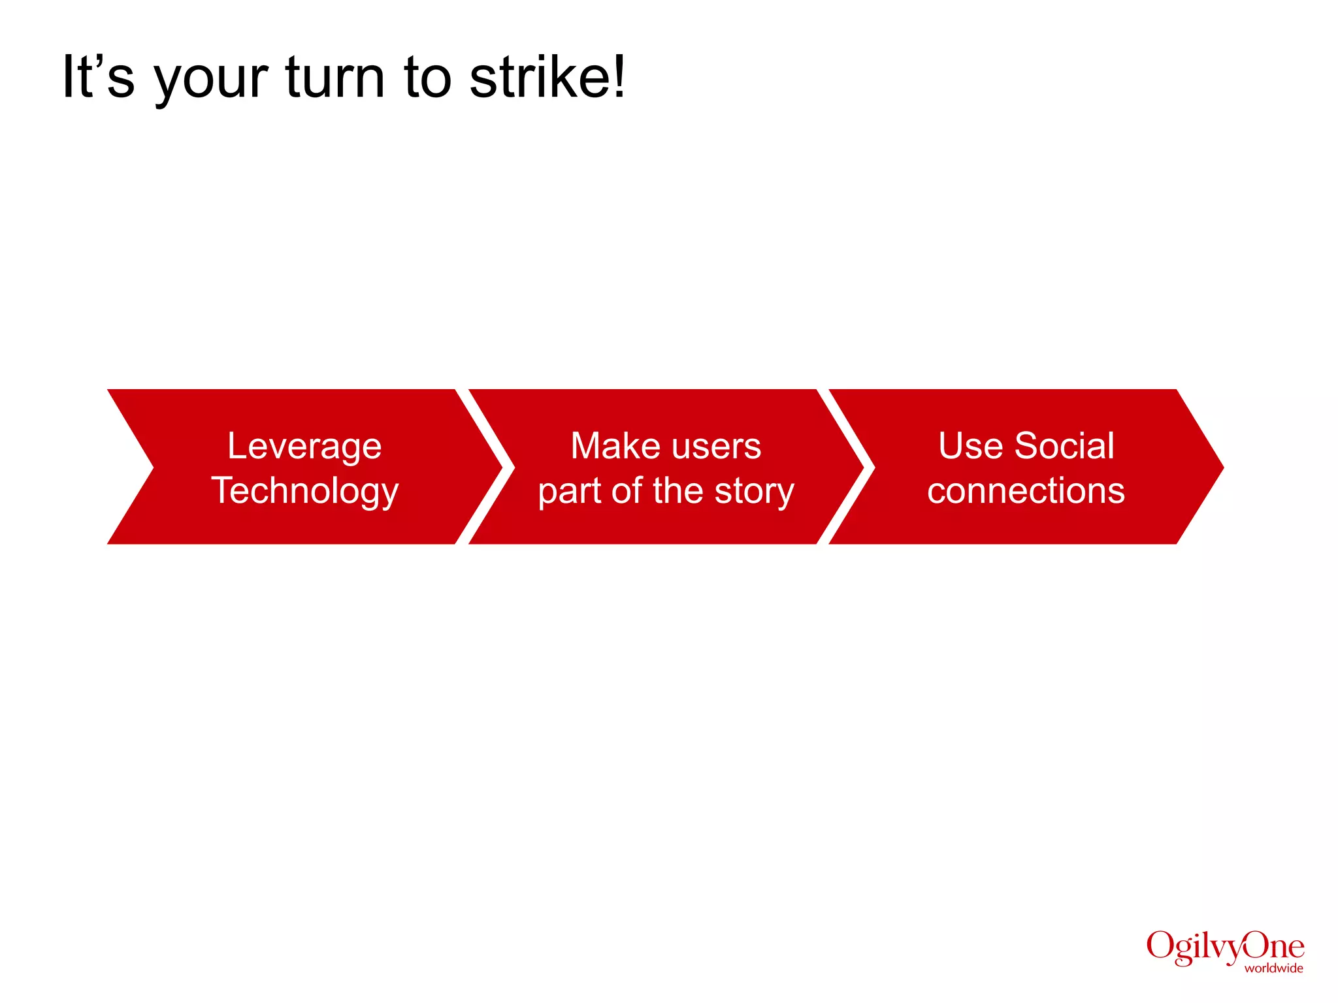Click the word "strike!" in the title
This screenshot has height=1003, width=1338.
click(547, 77)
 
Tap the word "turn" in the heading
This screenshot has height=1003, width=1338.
click(334, 77)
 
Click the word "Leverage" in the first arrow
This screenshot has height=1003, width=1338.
click(304, 447)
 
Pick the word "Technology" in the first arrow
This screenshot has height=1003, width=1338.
click(304, 491)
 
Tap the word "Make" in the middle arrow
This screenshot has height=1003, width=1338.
click(615, 447)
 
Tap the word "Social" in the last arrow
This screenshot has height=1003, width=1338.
click(1064, 447)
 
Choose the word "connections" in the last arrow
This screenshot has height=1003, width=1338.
click(1026, 491)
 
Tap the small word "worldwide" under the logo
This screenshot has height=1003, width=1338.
click(1273, 968)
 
